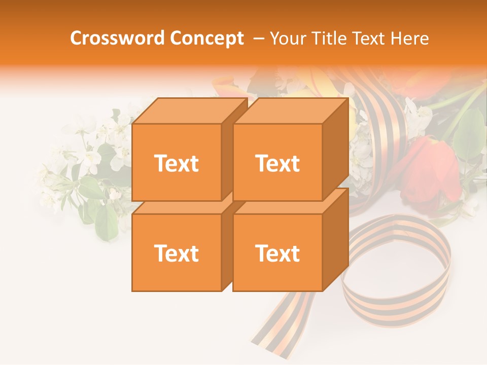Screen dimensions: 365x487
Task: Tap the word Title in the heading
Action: tap(330, 38)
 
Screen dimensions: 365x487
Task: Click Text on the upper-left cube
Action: tap(176, 163)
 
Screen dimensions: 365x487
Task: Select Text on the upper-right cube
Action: tap(277, 163)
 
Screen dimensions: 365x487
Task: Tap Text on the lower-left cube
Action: tap(176, 253)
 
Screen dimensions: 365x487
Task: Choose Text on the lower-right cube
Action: tap(277, 253)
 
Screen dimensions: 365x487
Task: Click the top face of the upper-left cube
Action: tap(190, 111)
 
